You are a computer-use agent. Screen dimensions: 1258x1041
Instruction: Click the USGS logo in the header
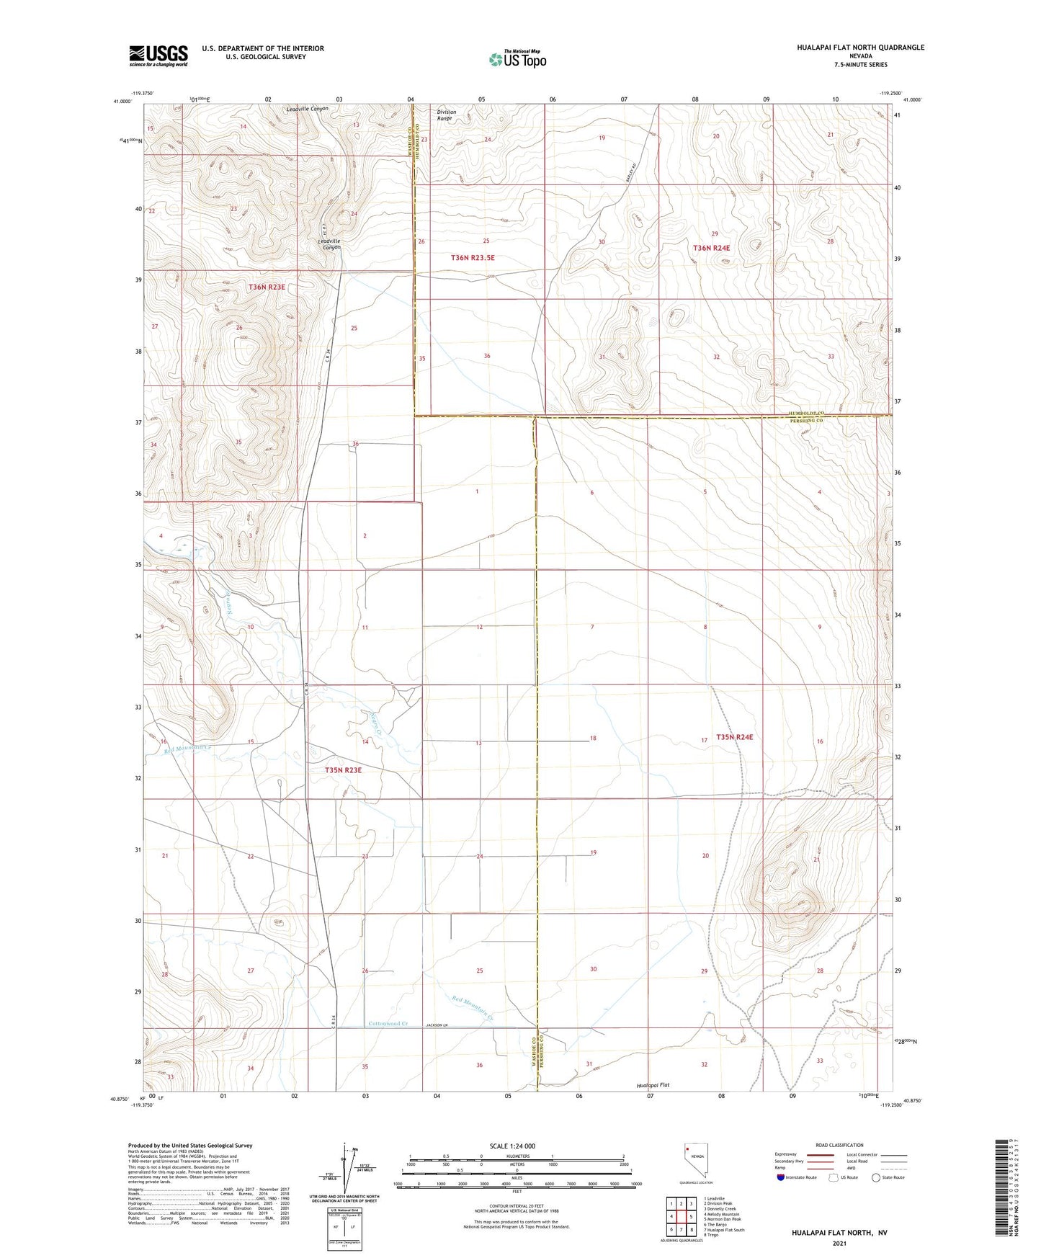tap(158, 55)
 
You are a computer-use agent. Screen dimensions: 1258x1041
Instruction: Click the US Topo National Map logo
tap(517, 59)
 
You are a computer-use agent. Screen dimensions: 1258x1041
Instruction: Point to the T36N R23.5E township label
tap(473, 257)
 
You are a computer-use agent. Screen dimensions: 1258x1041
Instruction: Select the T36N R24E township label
tap(712, 248)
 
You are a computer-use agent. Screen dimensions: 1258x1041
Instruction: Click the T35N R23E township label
tap(343, 770)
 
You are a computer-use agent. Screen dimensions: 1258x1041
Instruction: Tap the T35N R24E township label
tap(735, 737)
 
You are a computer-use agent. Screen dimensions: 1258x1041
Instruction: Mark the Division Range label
tap(447, 115)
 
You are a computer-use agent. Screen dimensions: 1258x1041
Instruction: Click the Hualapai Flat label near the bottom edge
tap(653, 1084)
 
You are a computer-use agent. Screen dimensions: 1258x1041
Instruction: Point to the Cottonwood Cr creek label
tap(388, 1024)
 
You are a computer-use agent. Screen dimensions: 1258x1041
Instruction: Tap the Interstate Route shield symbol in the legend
tap(781, 1197)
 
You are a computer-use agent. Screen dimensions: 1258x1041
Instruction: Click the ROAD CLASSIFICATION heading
tap(839, 1145)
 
